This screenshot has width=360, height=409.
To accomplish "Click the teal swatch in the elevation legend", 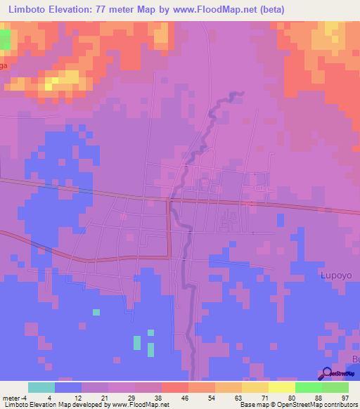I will (41, 387).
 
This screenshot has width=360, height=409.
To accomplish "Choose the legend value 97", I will (345, 397).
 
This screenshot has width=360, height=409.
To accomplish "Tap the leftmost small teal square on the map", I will (96, 311).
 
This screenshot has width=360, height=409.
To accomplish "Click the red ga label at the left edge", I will (4, 65).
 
